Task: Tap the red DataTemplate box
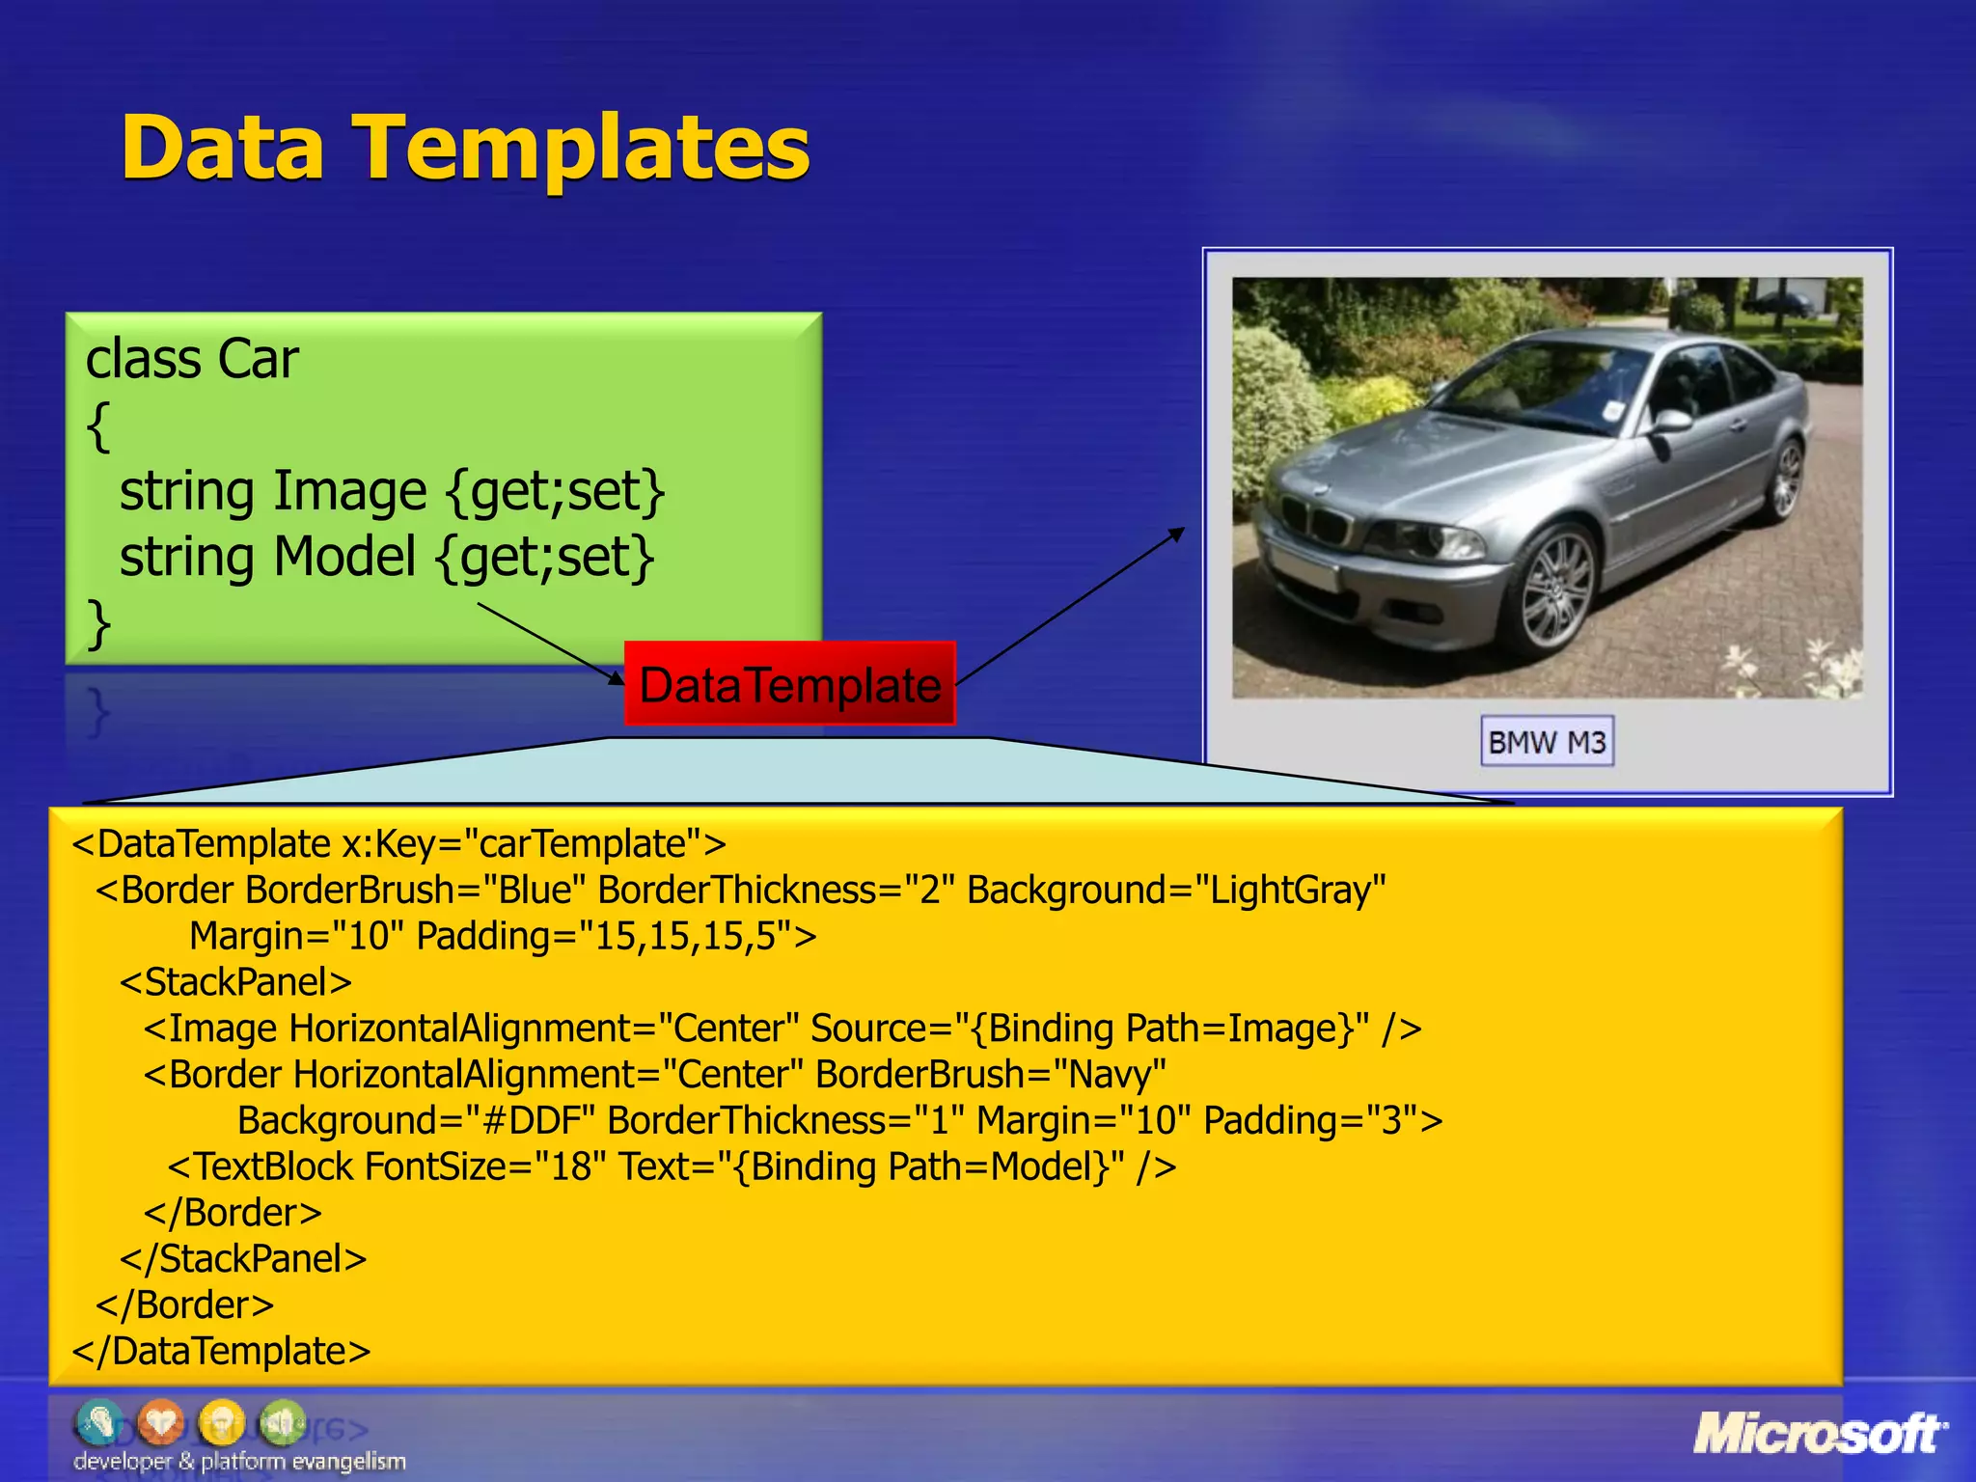789,684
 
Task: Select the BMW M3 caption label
1547,742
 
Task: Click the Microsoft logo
1820,1434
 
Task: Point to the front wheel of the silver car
1557,590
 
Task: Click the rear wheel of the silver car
1785,480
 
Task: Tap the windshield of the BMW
1544,386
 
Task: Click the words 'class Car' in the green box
192,359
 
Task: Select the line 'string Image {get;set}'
391,491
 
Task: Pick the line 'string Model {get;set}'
386,557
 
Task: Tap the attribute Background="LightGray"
1176,890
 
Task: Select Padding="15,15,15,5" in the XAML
616,936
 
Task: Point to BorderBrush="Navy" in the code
990,1075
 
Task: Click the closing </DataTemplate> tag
221,1351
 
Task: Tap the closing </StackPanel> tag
243,1259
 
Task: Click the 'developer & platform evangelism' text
239,1462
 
